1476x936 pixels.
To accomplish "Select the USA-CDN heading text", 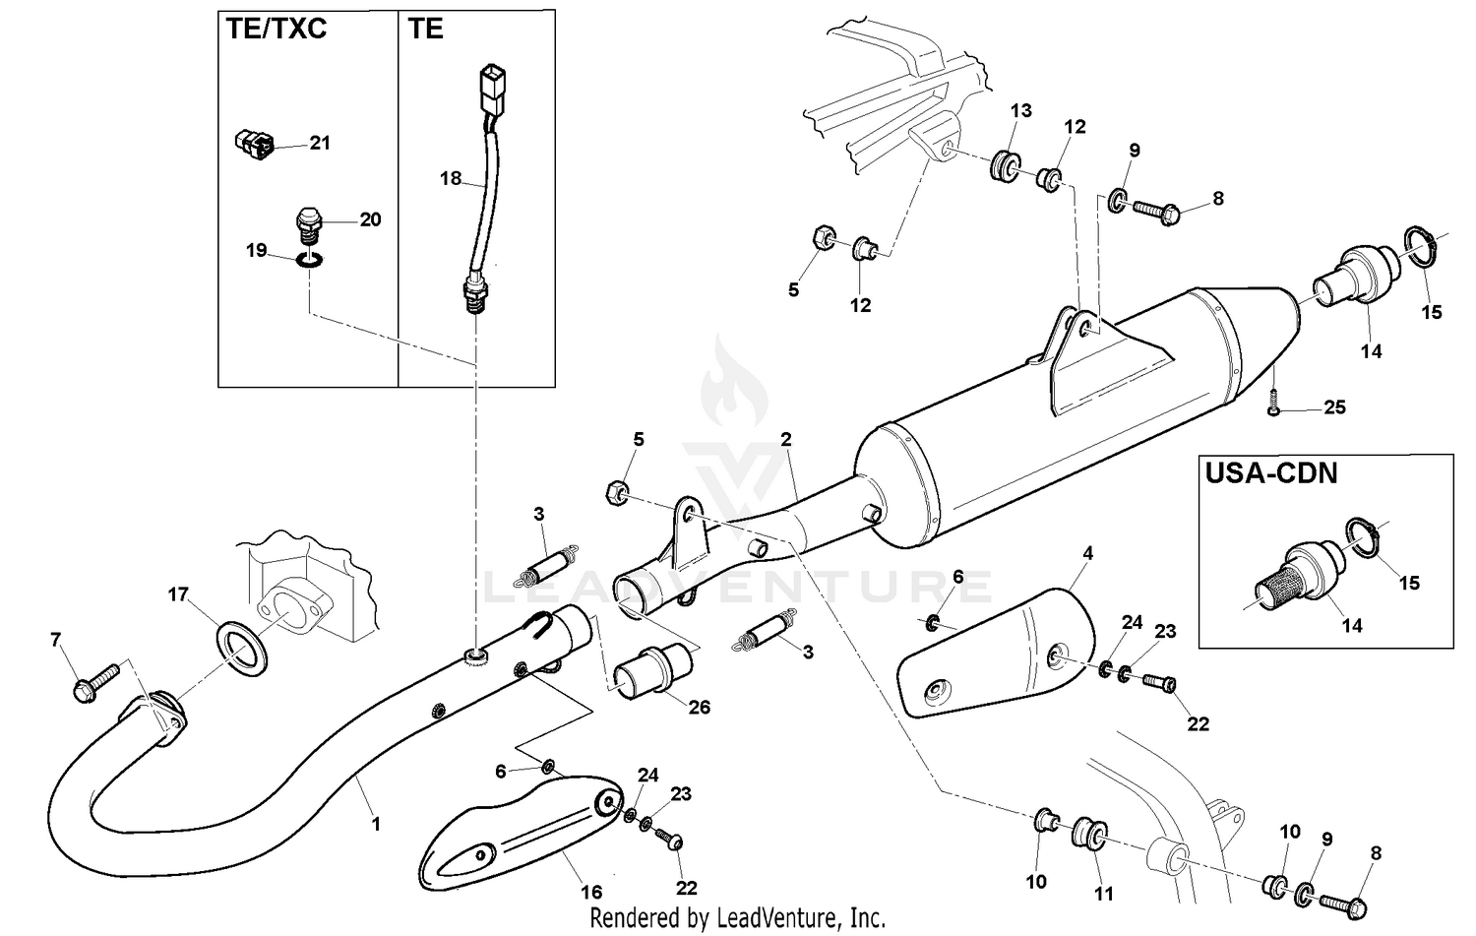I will click(x=1271, y=473).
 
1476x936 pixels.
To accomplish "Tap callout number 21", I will click(x=320, y=143).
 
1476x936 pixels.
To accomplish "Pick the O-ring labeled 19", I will click(x=309, y=261).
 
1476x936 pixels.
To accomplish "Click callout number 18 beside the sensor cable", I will click(x=451, y=179).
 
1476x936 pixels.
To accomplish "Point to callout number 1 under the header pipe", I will click(x=375, y=824).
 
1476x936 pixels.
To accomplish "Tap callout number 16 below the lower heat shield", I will click(x=590, y=893).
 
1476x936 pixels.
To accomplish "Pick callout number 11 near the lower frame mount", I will click(x=1104, y=893).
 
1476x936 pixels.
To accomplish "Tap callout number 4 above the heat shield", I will click(x=1087, y=553).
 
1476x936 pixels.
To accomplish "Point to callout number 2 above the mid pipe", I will click(x=786, y=439).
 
